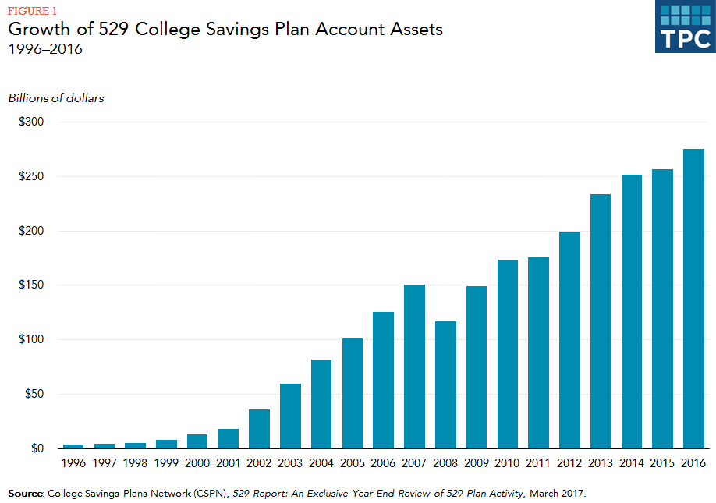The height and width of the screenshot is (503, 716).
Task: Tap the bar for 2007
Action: [x=414, y=367]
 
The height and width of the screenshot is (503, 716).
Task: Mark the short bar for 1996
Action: [x=73, y=446]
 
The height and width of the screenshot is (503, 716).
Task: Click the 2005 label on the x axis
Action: [x=353, y=463]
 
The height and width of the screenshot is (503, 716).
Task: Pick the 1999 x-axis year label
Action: [x=166, y=463]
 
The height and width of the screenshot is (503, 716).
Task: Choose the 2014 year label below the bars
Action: [x=632, y=463]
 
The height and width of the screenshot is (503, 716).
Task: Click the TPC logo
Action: [x=684, y=27]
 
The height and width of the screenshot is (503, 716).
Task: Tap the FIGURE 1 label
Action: [x=32, y=10]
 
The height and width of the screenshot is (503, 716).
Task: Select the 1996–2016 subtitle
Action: [x=45, y=49]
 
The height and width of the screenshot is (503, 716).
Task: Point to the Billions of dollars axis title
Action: [x=56, y=98]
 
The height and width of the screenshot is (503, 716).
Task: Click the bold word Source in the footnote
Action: [x=26, y=494]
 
